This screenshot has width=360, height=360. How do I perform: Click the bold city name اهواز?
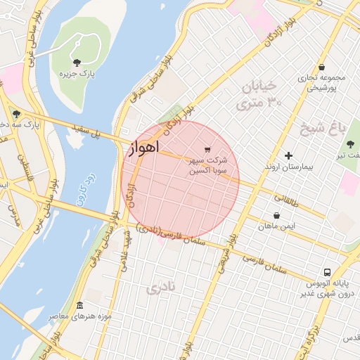[144, 147]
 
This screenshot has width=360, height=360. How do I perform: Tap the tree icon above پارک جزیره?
[77, 63]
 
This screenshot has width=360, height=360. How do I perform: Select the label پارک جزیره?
[77, 73]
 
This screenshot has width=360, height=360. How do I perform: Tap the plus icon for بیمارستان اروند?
[288, 155]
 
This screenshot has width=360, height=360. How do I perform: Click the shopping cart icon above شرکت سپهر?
[207, 149]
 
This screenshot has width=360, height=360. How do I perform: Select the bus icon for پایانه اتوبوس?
[327, 272]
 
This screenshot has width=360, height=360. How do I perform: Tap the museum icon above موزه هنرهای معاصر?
[79, 306]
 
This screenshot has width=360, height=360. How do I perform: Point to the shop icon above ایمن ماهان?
[276, 215]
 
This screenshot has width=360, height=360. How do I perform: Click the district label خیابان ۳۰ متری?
[260, 94]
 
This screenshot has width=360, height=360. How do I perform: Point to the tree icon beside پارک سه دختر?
[15, 114]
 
